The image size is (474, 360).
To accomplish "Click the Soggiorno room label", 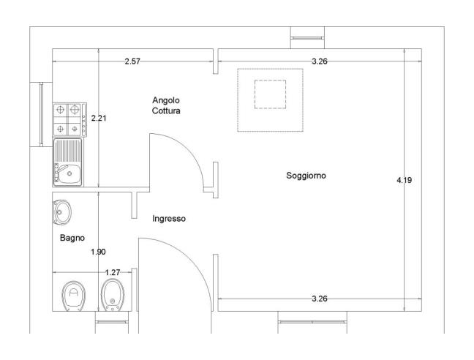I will (x=306, y=176).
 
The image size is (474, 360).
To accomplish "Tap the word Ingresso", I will (x=169, y=219).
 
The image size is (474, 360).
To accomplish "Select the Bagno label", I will (x=72, y=238).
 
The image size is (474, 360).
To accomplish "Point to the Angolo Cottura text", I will (x=166, y=105).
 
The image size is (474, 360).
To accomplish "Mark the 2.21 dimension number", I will (x=98, y=117).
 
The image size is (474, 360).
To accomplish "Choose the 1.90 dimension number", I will (x=98, y=252).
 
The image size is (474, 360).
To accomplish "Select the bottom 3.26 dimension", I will (x=319, y=299).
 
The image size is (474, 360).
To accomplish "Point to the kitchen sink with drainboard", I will (x=69, y=163).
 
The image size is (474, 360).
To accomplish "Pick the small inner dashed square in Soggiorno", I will (x=270, y=94).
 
